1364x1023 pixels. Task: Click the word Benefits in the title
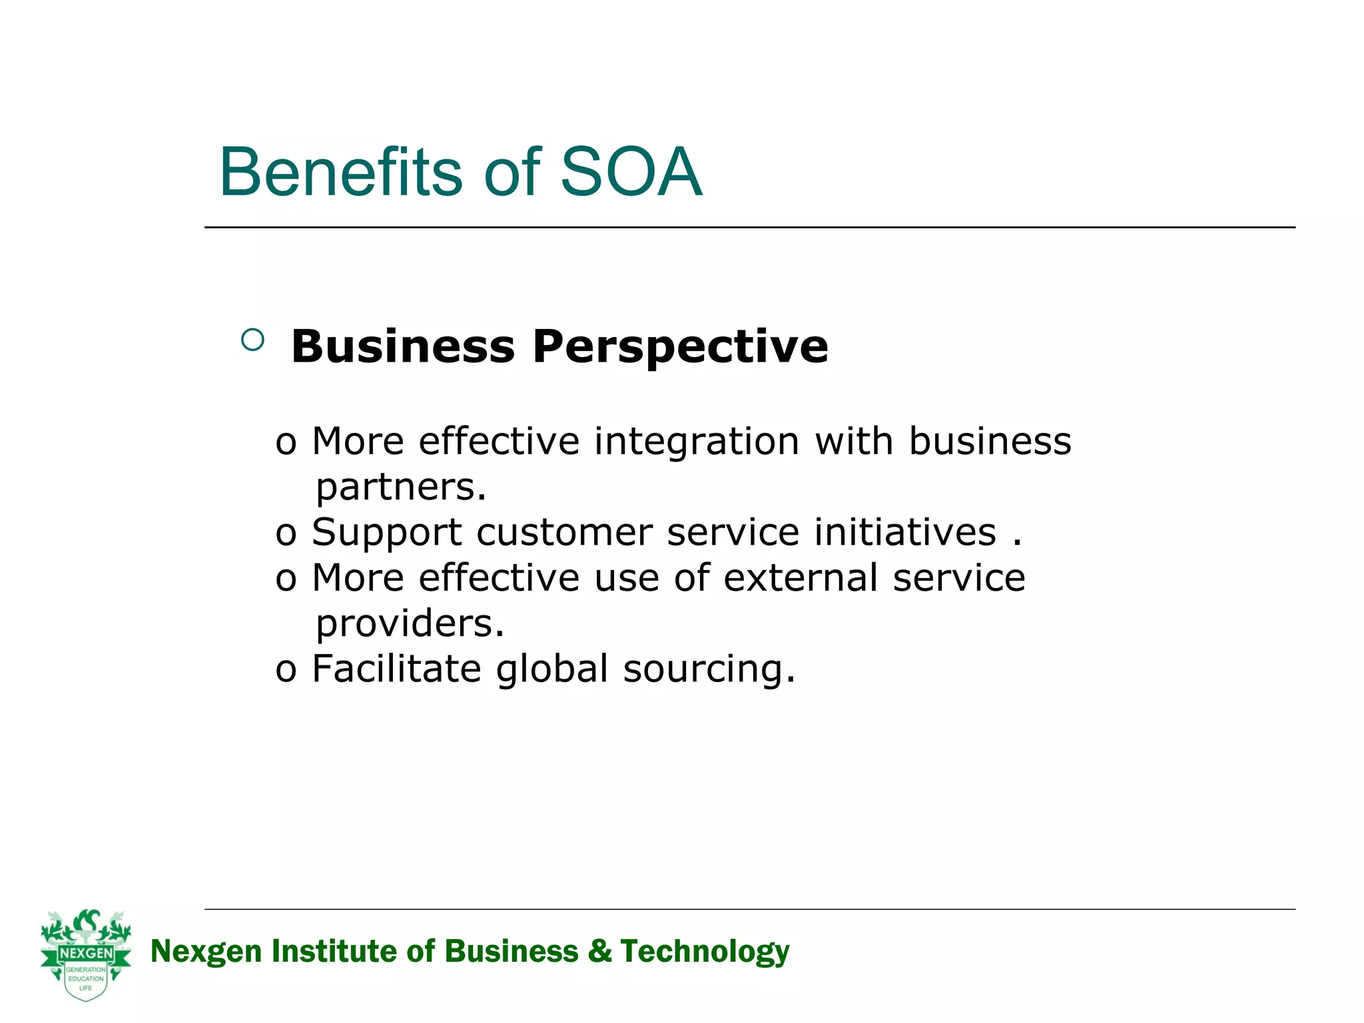(340, 172)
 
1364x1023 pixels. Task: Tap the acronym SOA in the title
(631, 172)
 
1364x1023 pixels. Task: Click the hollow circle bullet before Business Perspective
(252, 340)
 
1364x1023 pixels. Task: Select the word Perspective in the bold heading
(680, 347)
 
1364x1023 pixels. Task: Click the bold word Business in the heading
(403, 347)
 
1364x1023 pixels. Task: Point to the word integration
(697, 442)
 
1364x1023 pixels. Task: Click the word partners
(401, 488)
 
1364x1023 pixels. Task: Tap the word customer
(565, 533)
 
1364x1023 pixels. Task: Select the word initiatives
(905, 533)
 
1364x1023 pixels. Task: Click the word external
(801, 577)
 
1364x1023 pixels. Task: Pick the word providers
(410, 624)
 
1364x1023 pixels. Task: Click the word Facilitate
(396, 669)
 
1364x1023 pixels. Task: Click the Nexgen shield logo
(86, 955)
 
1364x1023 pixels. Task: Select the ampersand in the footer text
(599, 951)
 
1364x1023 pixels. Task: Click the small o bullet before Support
(286, 534)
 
